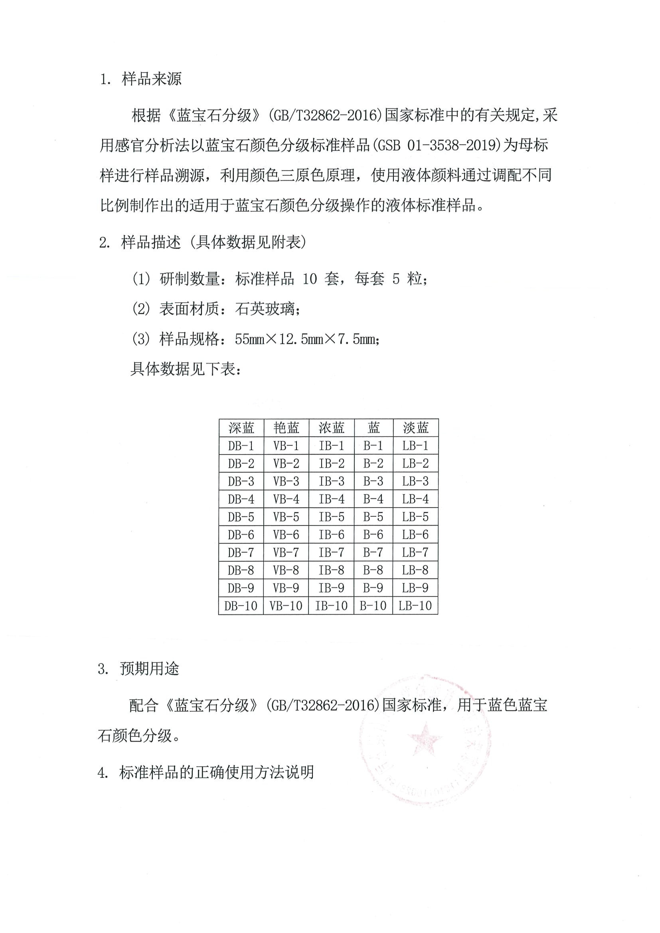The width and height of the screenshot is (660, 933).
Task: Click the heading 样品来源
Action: click(x=152, y=79)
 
